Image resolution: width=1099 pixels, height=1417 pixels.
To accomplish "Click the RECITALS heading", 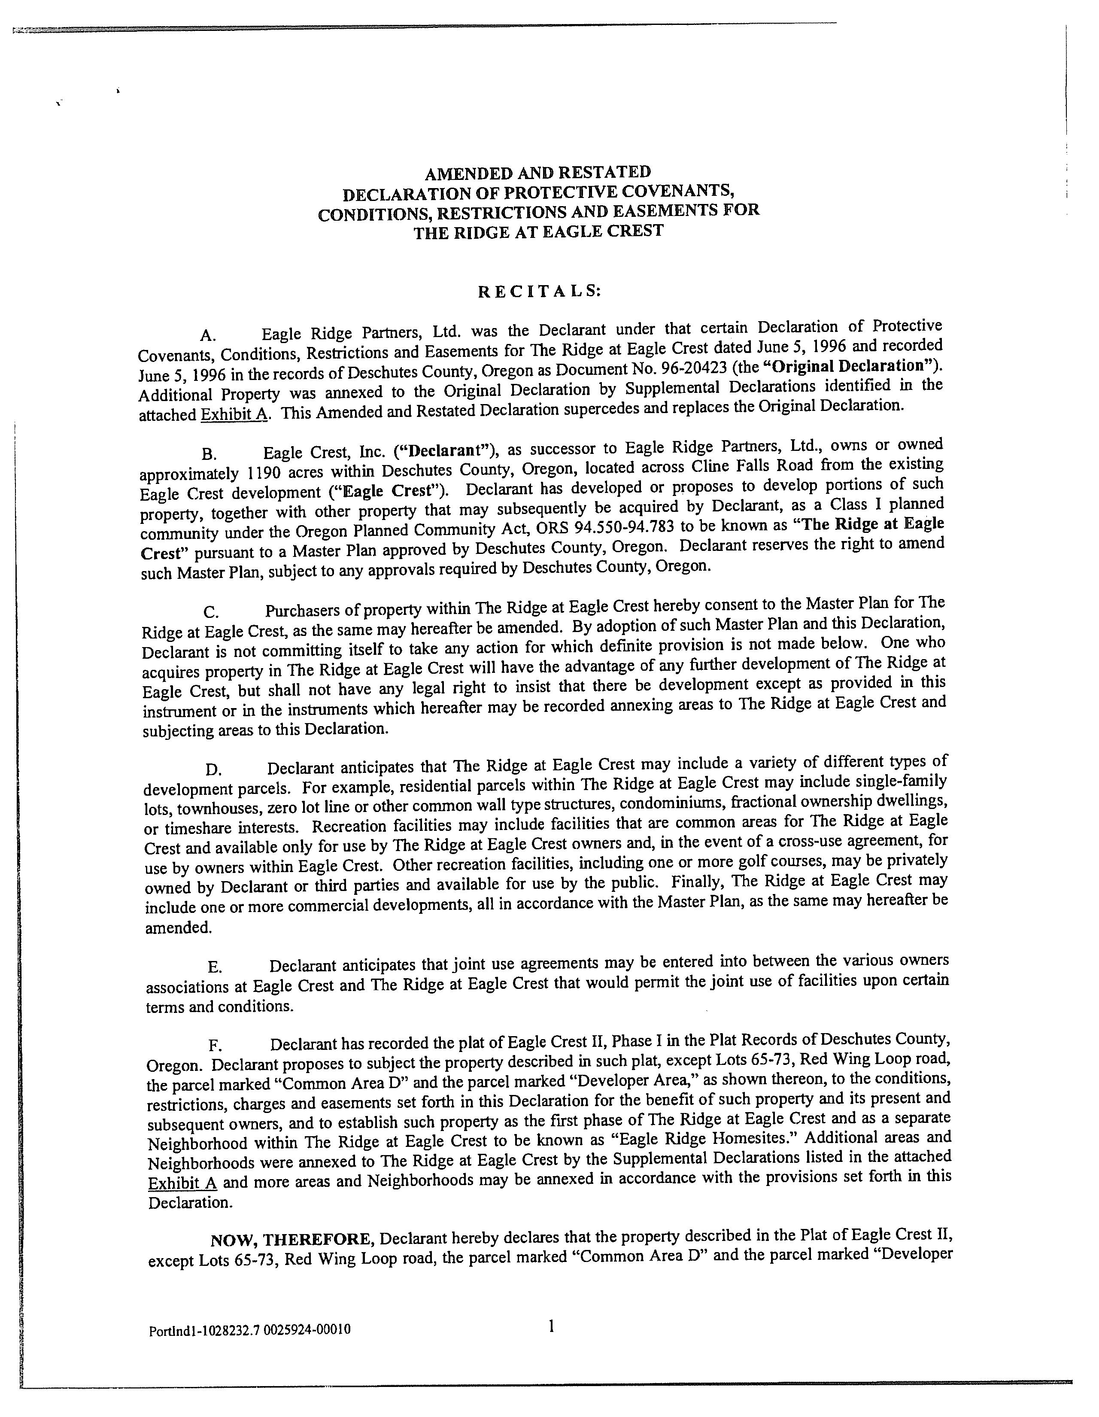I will pyautogui.click(x=539, y=291).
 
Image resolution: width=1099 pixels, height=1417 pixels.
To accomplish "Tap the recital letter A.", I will pyautogui.click(x=207, y=335).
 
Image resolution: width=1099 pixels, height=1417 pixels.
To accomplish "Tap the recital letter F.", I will pyautogui.click(x=216, y=1046).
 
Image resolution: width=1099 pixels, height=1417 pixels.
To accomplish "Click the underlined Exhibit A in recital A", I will pyautogui.click(x=234, y=415).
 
